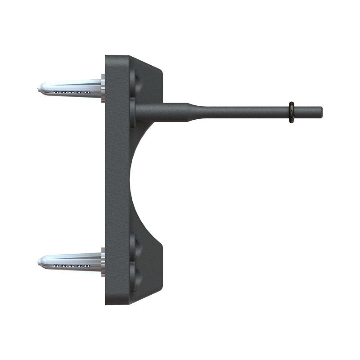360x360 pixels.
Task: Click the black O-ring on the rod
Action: click(292, 112)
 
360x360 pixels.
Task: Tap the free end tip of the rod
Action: click(321, 111)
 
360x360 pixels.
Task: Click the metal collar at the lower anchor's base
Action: click(103, 262)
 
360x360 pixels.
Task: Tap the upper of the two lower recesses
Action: click(135, 245)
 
